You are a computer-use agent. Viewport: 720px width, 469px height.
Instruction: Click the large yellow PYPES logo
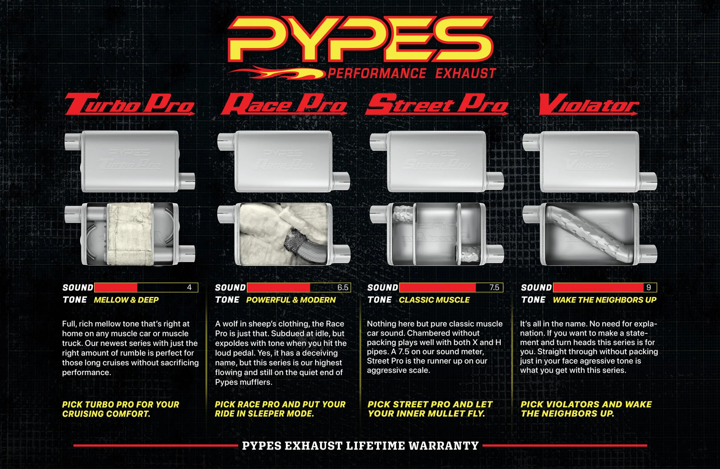360,39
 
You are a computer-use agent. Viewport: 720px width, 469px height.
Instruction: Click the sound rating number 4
189,287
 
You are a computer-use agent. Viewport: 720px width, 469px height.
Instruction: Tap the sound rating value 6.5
342,287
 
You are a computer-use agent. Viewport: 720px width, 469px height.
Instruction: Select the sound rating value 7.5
494,287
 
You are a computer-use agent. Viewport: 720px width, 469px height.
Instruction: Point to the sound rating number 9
648,287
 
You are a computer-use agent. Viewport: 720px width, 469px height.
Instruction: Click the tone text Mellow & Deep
126,300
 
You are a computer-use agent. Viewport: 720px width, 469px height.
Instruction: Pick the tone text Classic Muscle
434,300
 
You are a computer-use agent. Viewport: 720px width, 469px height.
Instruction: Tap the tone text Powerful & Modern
291,300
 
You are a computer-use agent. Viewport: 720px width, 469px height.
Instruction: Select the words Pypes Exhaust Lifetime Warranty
360,446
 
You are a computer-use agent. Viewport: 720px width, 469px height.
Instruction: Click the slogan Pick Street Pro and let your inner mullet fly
430,409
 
